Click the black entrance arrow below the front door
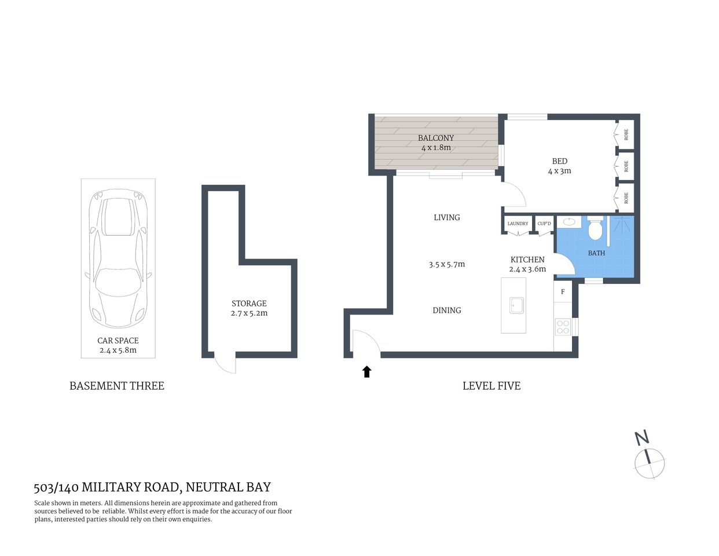click(x=366, y=372)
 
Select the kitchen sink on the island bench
click(x=516, y=305)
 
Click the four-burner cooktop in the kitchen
click(x=562, y=327)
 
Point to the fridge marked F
click(x=562, y=292)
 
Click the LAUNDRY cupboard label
click(x=518, y=224)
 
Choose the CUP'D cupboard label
click(x=544, y=224)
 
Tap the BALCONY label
click(x=436, y=138)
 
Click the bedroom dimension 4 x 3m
click(x=559, y=171)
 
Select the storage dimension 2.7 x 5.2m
click(x=249, y=313)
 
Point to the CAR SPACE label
click(x=118, y=341)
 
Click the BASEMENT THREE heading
click(x=117, y=386)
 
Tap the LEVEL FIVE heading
click(x=491, y=386)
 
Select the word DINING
click(x=447, y=310)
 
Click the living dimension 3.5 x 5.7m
click(x=447, y=264)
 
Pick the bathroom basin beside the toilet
click(x=568, y=221)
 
